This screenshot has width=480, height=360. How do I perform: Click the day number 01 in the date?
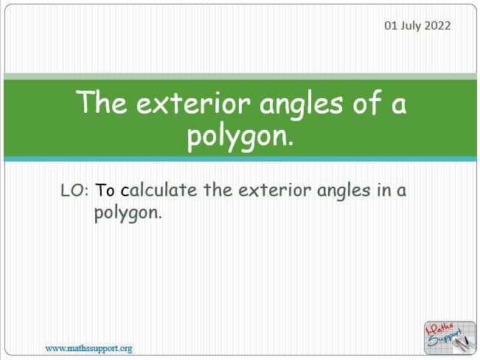pos(391,25)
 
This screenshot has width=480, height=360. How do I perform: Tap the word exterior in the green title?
pos(193,103)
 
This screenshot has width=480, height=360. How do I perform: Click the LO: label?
pos(74,190)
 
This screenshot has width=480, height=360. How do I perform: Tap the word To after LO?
pos(105,190)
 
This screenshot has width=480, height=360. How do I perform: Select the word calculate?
pos(159,190)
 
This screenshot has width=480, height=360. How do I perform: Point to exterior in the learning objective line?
pos(274,190)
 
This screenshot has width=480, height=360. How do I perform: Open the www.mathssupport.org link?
pos(88,349)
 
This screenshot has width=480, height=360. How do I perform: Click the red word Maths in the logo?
pos(439,330)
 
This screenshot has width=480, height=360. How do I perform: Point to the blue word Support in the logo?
pos(445,338)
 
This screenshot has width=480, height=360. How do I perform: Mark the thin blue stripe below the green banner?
pos(240,159)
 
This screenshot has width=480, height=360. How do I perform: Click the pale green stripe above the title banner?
pos(240,77)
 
